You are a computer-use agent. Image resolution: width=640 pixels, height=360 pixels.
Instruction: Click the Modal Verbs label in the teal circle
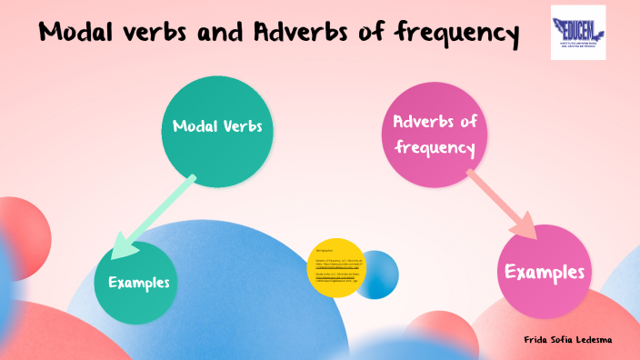(x=217, y=126)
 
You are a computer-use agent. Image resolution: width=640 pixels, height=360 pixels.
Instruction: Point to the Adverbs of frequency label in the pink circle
(x=435, y=134)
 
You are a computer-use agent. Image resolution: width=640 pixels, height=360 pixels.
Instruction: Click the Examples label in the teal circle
(x=139, y=283)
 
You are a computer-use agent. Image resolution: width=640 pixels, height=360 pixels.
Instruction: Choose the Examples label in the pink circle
(x=544, y=272)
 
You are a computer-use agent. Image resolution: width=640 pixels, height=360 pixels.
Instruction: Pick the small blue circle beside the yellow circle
(x=377, y=274)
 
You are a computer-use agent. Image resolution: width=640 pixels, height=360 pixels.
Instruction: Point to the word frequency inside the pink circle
(x=435, y=146)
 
